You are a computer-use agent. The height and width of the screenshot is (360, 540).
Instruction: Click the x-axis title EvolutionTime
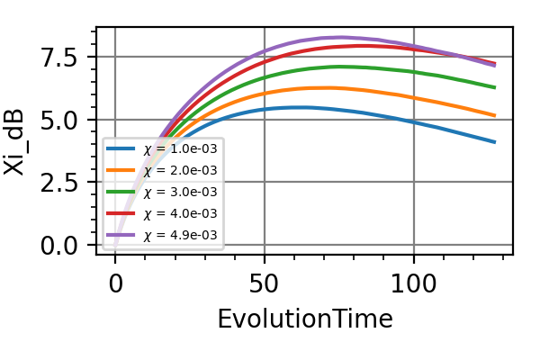[x=304, y=319]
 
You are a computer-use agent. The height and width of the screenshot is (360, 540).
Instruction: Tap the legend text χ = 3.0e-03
[x=180, y=192]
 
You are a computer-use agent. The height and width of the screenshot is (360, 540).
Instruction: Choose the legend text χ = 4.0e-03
[x=180, y=213]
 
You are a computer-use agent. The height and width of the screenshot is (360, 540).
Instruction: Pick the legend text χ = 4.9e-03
[x=180, y=235]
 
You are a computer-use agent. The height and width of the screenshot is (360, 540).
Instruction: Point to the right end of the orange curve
[x=495, y=115]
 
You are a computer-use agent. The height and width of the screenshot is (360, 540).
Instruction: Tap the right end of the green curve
[x=495, y=87]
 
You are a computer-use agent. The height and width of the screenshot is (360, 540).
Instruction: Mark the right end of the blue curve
[x=495, y=142]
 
